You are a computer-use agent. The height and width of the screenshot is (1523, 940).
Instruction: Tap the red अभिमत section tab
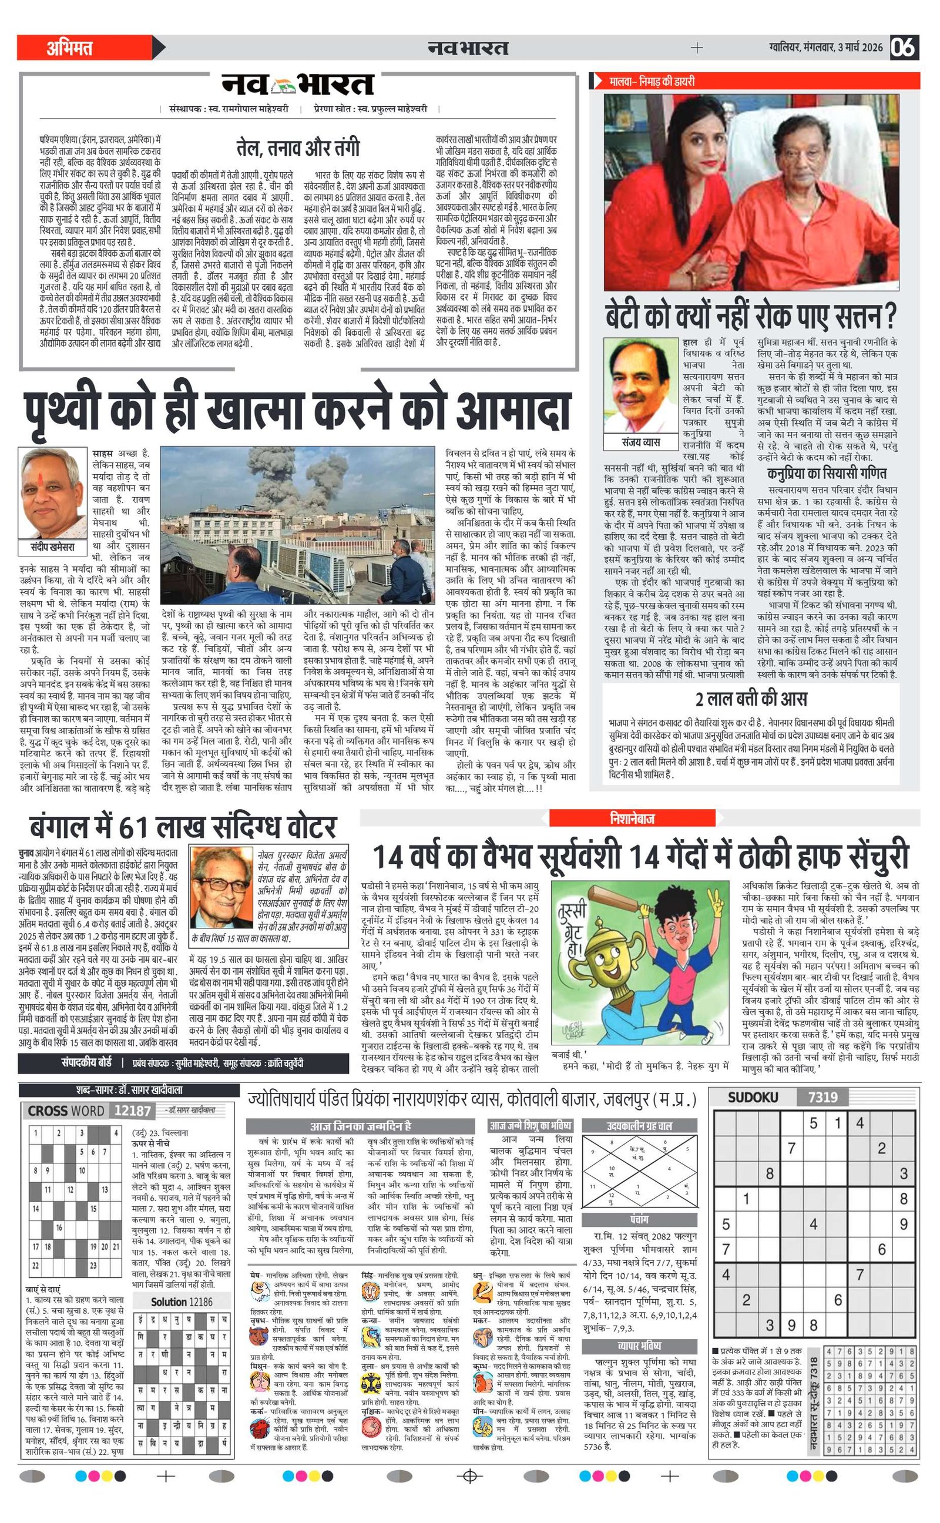coord(70,48)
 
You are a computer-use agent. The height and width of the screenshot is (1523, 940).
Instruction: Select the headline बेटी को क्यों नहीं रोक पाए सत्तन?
coord(751,316)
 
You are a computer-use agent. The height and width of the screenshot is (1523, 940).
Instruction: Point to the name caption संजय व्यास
coord(641,442)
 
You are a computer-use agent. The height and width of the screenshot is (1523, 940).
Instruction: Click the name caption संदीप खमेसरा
coord(53,547)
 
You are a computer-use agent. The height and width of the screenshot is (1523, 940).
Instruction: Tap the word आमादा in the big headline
coord(512,411)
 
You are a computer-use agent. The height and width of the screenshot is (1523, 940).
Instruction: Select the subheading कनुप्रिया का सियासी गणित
coord(826,473)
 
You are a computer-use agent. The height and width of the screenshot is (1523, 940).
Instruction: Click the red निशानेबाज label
coord(632,818)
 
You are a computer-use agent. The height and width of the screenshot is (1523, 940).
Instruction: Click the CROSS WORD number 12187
coord(132,1111)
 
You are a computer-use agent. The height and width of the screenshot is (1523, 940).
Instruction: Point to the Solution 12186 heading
coord(181,1301)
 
